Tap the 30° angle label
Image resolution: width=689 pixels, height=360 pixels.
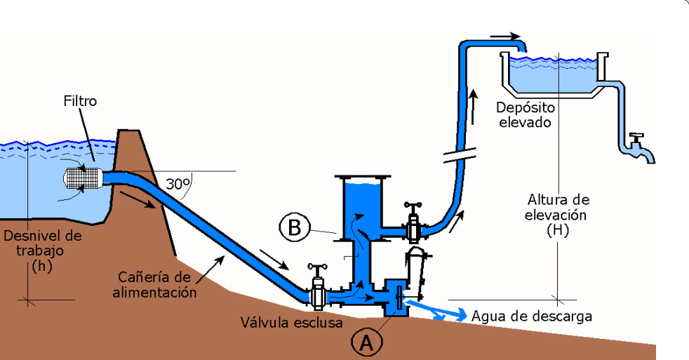178,185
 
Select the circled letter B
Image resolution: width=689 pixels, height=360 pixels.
295,227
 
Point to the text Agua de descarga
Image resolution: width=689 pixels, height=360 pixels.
531,316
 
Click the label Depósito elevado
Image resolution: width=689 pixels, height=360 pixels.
526,115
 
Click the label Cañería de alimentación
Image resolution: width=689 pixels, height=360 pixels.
154,286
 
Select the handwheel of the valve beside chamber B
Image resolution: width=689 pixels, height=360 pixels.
410,206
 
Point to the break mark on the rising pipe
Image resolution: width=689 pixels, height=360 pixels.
460,154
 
